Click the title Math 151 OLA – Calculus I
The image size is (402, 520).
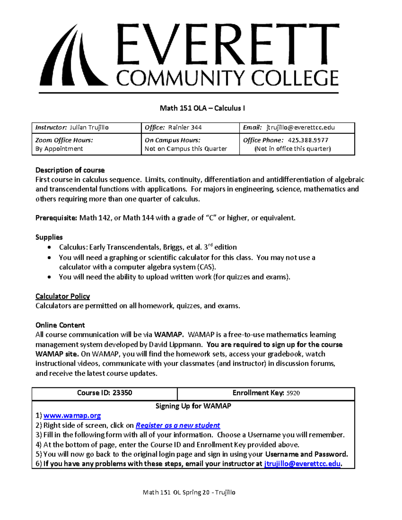click(202, 108)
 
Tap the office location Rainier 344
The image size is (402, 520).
click(185, 128)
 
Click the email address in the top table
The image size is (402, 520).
click(300, 128)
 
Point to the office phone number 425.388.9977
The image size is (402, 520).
click(306, 140)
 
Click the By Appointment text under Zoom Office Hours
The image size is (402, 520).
click(59, 149)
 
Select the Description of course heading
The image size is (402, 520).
click(70, 170)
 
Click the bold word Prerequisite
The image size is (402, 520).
click(56, 218)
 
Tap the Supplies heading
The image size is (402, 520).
click(49, 237)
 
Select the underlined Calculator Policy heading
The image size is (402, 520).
click(63, 296)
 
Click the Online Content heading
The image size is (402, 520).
click(60, 325)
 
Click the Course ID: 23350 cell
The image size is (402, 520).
click(105, 393)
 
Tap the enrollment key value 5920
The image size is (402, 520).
click(293, 393)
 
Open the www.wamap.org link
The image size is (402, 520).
click(72, 416)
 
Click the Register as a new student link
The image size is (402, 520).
click(178, 426)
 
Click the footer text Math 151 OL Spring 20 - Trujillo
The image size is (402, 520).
click(189, 492)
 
